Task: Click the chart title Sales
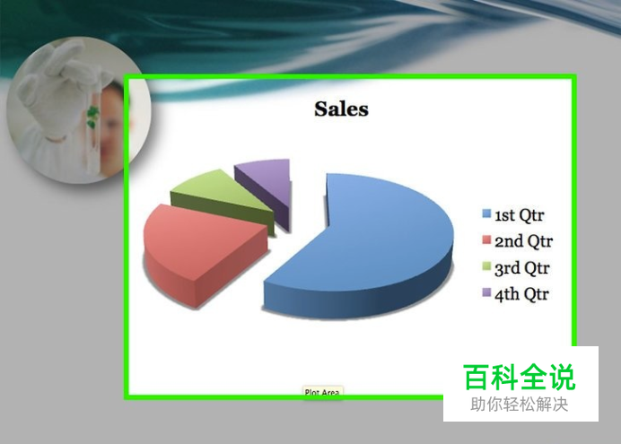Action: click(341, 109)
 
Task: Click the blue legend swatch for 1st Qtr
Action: click(486, 214)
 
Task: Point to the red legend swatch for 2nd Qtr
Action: click(486, 240)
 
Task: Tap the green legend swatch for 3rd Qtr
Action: click(486, 266)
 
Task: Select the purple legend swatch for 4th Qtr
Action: click(486, 292)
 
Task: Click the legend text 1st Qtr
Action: click(520, 215)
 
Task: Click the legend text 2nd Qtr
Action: click(523, 241)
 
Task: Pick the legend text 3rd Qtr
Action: click(522, 268)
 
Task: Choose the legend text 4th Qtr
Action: click(522, 294)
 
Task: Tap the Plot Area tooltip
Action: click(322, 392)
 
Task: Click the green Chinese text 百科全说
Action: click(520, 377)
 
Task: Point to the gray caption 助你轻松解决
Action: click(520, 405)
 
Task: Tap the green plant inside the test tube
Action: click(92, 116)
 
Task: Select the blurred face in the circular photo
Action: click(114, 118)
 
